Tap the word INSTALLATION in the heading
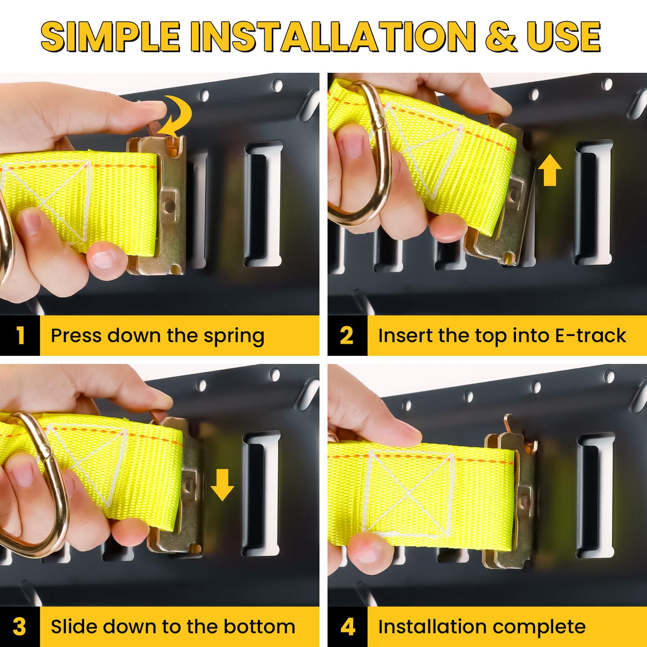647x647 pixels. point(333,37)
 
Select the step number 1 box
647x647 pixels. point(20,335)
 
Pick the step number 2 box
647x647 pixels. point(348,335)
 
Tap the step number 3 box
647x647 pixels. point(20,627)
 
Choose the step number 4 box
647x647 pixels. point(348,627)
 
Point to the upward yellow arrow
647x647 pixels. point(549,170)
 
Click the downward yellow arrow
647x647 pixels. point(222,485)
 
